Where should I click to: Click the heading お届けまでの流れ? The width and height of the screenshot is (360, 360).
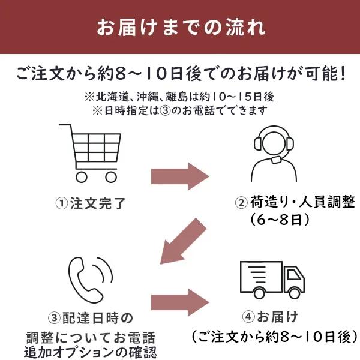(179, 28)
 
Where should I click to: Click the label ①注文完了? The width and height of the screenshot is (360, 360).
(91, 203)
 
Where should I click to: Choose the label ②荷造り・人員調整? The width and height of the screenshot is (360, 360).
(295, 203)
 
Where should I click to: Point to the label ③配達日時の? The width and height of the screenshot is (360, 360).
(90, 316)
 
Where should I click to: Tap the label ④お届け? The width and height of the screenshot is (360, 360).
(270, 316)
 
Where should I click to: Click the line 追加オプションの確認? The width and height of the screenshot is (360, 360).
(91, 350)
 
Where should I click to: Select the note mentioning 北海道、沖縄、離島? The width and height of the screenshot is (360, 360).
(179, 97)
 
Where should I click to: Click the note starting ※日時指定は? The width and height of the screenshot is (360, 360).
(179, 111)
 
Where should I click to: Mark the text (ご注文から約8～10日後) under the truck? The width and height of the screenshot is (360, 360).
(273, 336)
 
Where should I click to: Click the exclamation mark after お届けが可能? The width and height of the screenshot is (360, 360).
(343, 75)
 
